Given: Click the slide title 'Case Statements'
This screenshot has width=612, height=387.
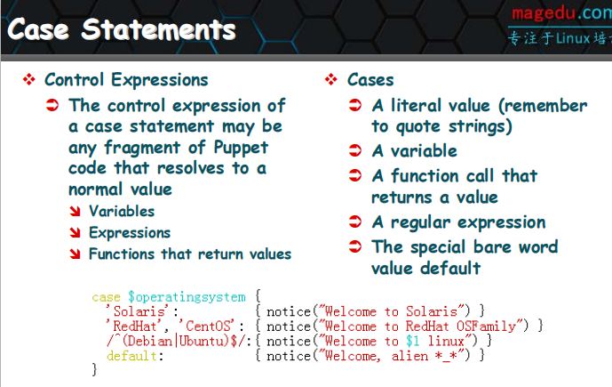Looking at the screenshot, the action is click(122, 29).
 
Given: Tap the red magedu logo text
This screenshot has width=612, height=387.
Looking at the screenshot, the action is click(544, 13).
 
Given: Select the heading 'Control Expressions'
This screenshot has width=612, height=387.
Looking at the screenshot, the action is click(126, 80).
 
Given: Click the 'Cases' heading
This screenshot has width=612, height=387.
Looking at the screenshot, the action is click(370, 80).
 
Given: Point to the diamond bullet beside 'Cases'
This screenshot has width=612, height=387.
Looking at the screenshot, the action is click(331, 79).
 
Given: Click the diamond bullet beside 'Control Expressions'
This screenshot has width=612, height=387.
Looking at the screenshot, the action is click(29, 79).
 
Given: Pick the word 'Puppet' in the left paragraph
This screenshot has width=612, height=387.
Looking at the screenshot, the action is click(241, 148).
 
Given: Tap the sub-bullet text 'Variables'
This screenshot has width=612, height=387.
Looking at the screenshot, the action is click(122, 211).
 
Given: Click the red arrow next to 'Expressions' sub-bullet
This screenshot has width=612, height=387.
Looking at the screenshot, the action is click(75, 232).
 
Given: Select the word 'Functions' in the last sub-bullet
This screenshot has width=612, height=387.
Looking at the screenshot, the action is click(122, 254).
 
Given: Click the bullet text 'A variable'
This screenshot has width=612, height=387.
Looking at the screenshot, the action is click(415, 151).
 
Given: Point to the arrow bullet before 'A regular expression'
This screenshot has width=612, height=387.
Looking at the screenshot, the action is click(355, 222).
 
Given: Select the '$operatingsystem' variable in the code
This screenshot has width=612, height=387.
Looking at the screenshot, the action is click(187, 297).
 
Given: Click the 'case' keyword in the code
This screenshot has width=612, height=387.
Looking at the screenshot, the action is click(107, 297).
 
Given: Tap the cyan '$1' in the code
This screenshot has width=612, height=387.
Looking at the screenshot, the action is click(413, 341).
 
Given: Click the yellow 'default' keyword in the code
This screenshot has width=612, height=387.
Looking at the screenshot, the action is click(131, 356).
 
